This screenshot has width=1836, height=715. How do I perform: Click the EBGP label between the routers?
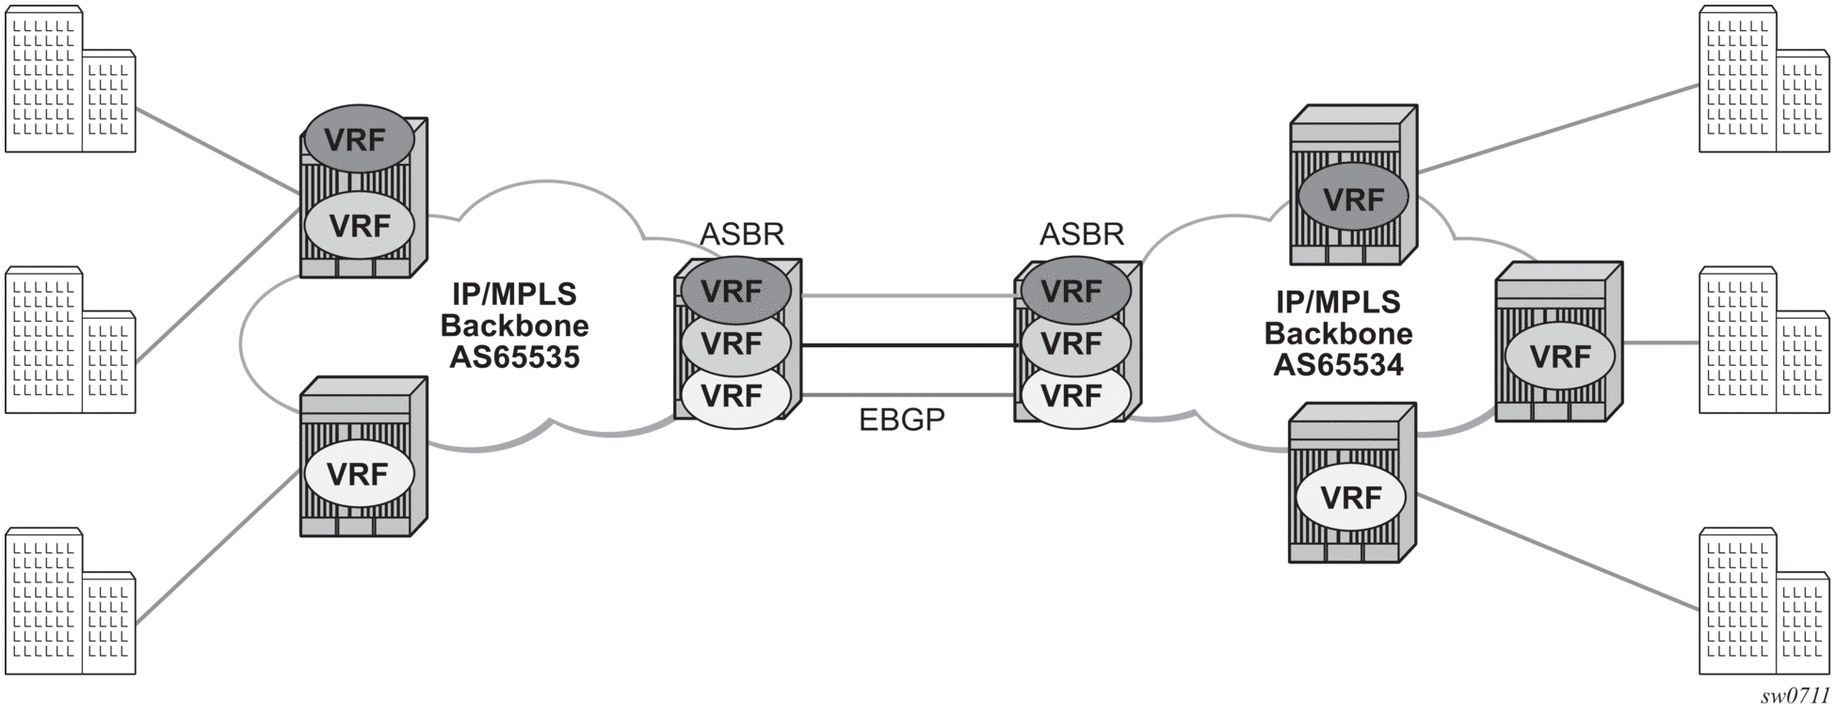click(902, 420)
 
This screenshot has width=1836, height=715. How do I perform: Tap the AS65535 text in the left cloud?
click(514, 357)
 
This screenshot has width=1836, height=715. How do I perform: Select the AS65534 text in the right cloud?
click(1338, 365)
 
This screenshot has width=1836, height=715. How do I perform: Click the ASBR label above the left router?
click(742, 233)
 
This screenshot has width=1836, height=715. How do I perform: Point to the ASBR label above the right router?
click(1082, 233)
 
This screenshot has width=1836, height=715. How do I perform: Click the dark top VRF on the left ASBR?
click(733, 291)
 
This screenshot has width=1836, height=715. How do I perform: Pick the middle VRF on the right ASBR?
click(1072, 344)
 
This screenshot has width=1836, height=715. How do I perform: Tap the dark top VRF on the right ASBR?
click(1072, 291)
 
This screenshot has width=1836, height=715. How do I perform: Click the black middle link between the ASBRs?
click(909, 346)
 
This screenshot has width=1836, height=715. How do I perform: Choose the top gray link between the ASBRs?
click(909, 295)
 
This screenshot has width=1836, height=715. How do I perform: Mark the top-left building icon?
click(71, 79)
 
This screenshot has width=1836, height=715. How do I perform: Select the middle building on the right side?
click(1765, 341)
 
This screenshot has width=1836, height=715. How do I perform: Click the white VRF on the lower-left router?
click(358, 474)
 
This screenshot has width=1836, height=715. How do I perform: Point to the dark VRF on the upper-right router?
click(1353, 199)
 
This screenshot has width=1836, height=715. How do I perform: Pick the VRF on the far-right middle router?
click(1560, 357)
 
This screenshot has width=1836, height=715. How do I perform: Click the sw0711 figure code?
click(1795, 696)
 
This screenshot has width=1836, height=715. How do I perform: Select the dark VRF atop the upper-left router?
click(359, 139)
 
